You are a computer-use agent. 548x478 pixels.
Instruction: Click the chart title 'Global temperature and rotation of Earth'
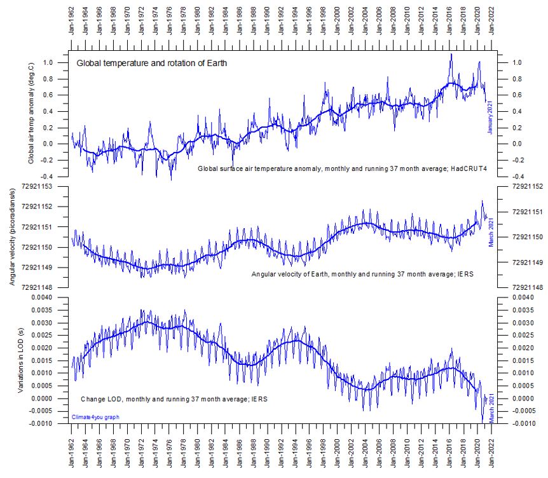(151, 63)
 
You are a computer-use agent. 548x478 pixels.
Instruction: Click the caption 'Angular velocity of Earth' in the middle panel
(293, 273)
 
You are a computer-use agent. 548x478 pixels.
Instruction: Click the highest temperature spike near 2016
(451, 55)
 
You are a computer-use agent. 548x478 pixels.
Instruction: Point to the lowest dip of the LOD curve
(483, 421)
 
